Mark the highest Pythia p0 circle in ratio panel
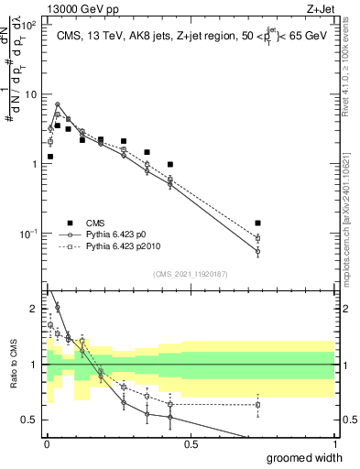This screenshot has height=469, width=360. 58,307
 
